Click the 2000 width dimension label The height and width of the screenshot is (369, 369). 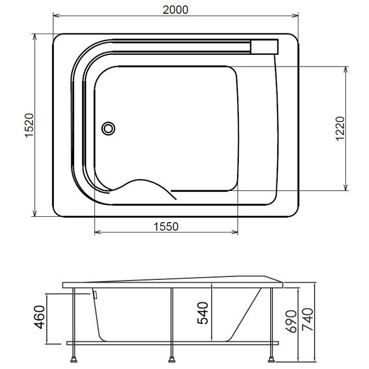coord(176,10)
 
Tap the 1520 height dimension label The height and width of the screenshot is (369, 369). coord(29,125)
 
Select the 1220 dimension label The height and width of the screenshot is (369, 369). coord(340,128)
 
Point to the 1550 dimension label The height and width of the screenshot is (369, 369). coord(166,227)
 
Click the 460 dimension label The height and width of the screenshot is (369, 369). coord(39,317)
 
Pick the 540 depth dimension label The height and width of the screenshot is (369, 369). coord(202,313)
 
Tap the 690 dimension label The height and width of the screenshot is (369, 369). coord(291,322)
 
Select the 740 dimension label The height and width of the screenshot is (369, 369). coord(308,319)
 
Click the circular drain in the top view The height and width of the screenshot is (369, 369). coord(108,128)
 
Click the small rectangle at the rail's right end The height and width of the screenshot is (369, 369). coord(264,47)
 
